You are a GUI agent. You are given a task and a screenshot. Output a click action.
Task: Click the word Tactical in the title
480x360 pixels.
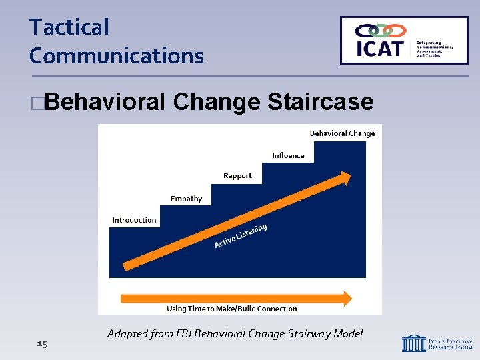[x=69, y=27]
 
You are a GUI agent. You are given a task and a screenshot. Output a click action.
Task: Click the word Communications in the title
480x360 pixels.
[x=116, y=56]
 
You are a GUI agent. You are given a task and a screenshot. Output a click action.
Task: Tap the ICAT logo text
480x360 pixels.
[x=379, y=49]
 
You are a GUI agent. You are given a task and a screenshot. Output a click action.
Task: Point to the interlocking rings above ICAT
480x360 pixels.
[x=381, y=30]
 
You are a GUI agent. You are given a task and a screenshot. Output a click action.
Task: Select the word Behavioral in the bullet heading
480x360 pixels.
[x=106, y=102]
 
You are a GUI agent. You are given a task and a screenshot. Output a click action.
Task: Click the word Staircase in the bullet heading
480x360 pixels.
[x=320, y=102]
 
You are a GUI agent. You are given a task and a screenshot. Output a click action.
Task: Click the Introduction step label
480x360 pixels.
[x=134, y=220]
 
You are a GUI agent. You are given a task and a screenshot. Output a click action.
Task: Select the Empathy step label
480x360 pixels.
[x=186, y=199]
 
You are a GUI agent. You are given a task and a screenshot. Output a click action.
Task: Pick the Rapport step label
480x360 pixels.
[x=237, y=176]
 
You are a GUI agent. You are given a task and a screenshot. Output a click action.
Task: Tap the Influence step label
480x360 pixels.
[x=288, y=155]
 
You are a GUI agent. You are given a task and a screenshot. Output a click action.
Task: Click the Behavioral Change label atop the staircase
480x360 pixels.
[x=342, y=133]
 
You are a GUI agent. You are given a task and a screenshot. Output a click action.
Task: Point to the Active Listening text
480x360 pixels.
[x=241, y=236]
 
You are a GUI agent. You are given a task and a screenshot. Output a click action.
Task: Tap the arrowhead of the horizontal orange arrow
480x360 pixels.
[x=347, y=297]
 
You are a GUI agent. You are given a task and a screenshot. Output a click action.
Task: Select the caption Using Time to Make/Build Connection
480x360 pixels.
[x=231, y=309]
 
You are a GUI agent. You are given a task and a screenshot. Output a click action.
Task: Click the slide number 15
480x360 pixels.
[x=42, y=343]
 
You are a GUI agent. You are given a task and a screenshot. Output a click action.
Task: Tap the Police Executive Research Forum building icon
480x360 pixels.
[x=413, y=343]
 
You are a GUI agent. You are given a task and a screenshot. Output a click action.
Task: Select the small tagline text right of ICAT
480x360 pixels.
[x=435, y=48]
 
